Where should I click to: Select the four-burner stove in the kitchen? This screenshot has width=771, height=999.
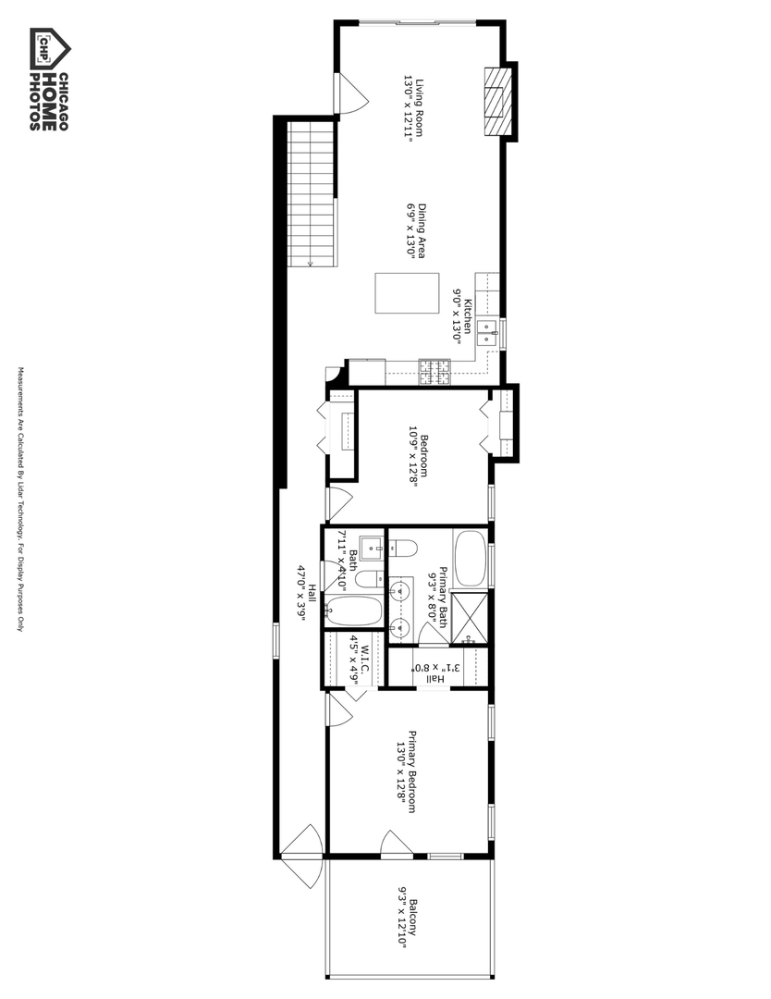click(x=433, y=372)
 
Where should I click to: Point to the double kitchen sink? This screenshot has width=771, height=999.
click(x=489, y=331)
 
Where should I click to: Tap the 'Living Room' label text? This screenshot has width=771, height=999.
click(x=419, y=105)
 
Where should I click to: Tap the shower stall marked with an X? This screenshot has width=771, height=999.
click(x=473, y=617)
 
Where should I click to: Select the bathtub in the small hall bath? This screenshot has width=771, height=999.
click(x=356, y=610)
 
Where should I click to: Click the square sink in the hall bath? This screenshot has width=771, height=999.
click(x=372, y=548)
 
